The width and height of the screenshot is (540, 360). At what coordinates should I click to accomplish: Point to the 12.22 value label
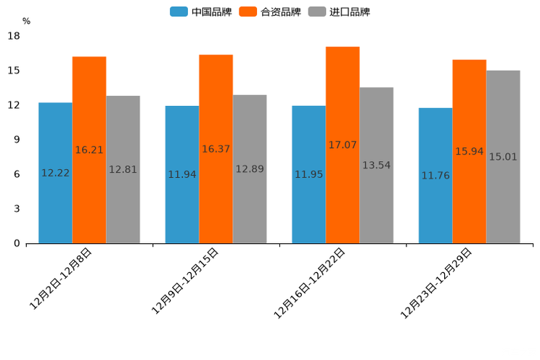click(55, 173)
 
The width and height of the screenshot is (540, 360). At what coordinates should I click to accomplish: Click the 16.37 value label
click(216, 149)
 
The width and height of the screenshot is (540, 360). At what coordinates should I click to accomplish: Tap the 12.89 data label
click(250, 169)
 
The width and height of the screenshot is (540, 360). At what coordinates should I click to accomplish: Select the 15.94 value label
click(469, 152)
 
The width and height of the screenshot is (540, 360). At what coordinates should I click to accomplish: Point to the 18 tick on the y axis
click(14, 36)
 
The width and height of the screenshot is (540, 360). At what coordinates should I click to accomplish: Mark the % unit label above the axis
click(26, 21)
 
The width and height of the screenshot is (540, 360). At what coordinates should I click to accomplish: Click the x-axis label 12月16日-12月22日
click(309, 283)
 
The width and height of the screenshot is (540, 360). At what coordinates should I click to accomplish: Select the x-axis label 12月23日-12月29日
click(436, 283)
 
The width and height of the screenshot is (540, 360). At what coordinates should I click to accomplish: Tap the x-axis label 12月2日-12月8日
click(61, 279)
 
